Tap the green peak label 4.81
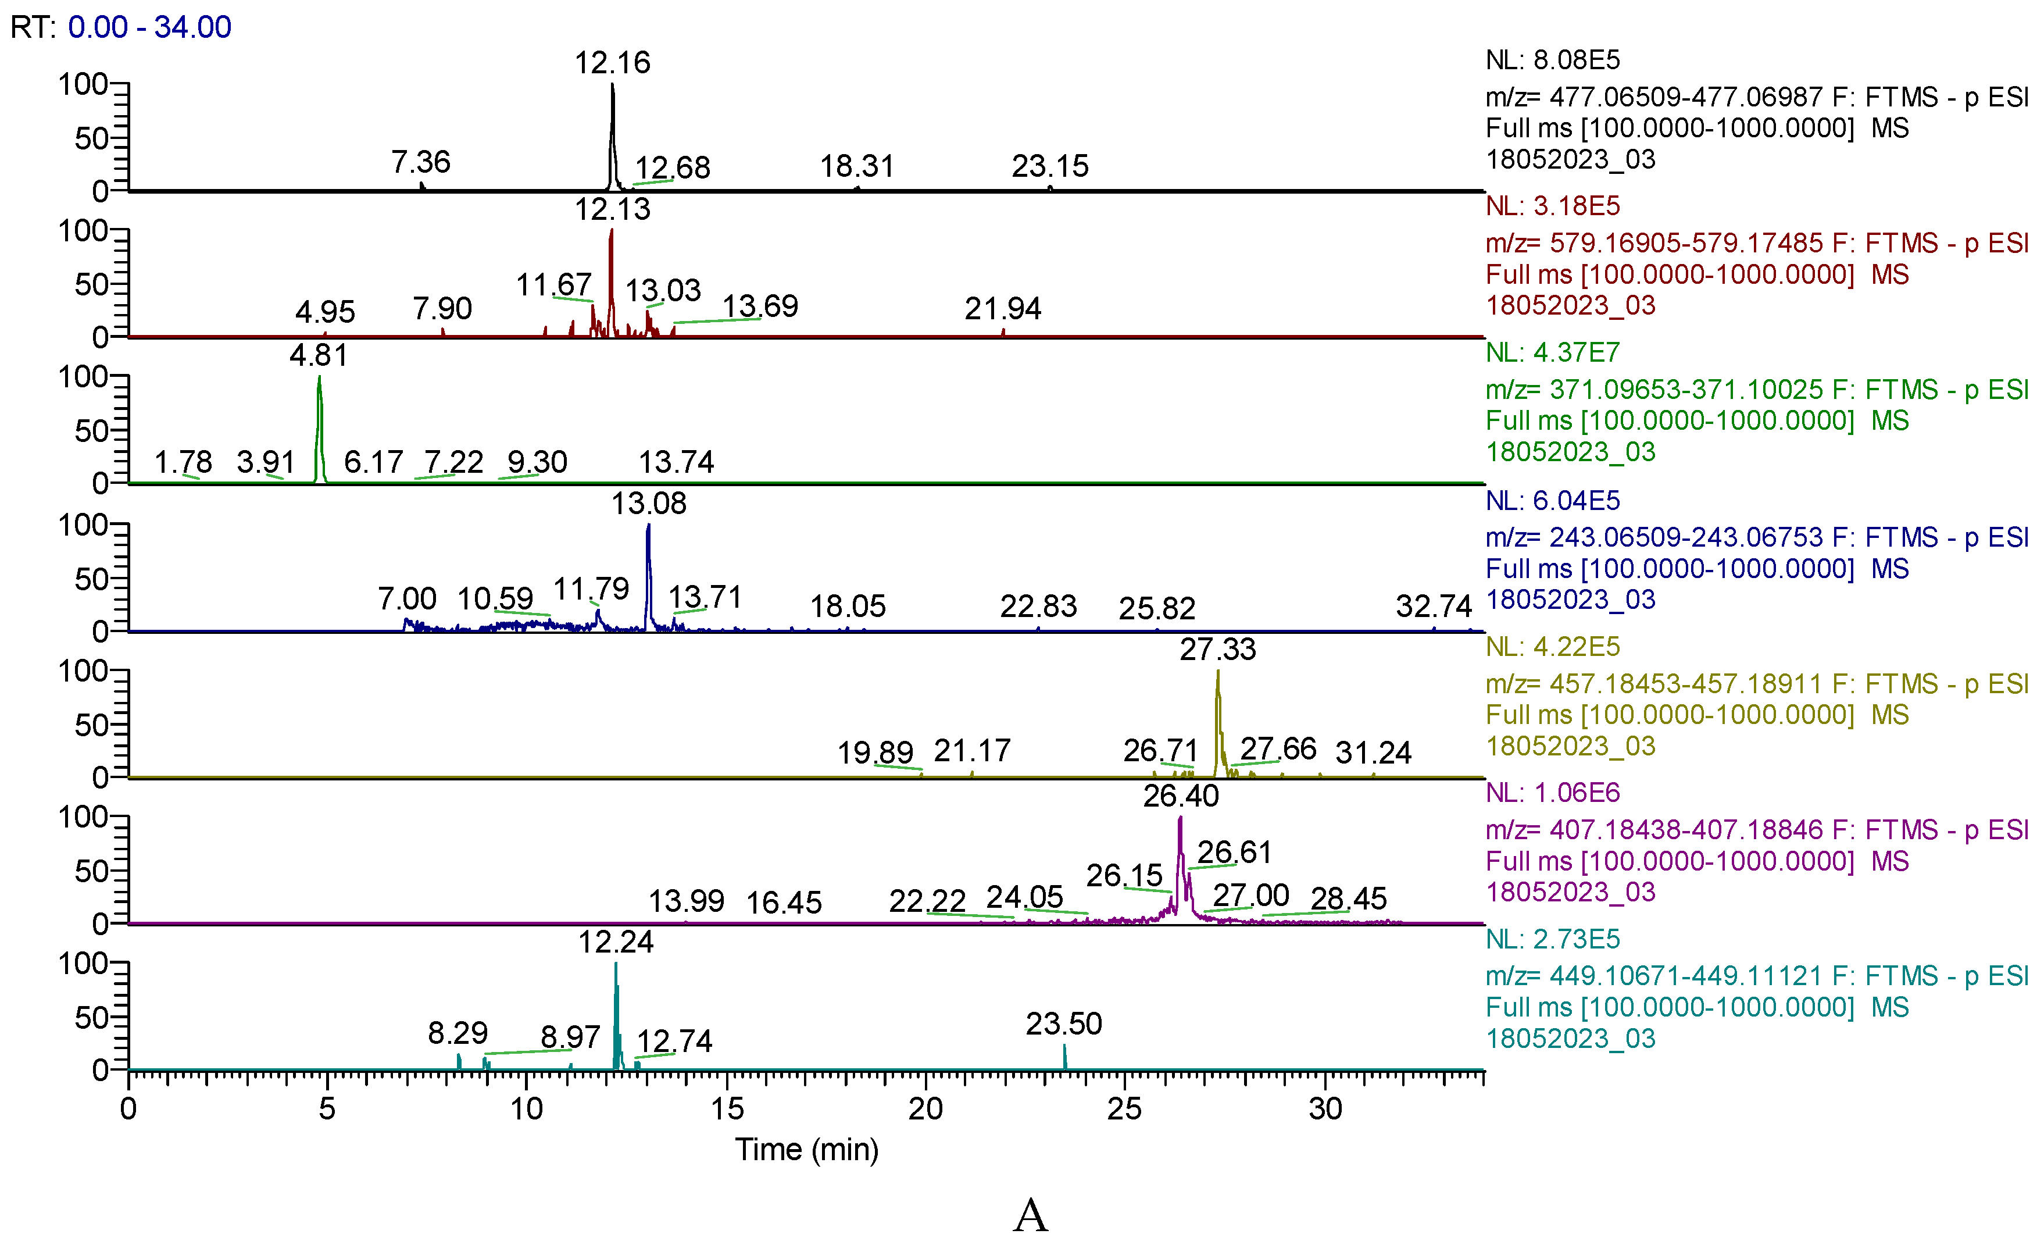coord(319,355)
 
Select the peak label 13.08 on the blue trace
coord(648,504)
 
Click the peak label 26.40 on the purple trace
coord(1181,796)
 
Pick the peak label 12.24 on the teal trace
coord(615,943)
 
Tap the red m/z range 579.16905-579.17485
coord(1686,243)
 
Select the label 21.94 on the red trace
coord(1002,309)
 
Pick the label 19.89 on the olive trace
coord(875,753)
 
